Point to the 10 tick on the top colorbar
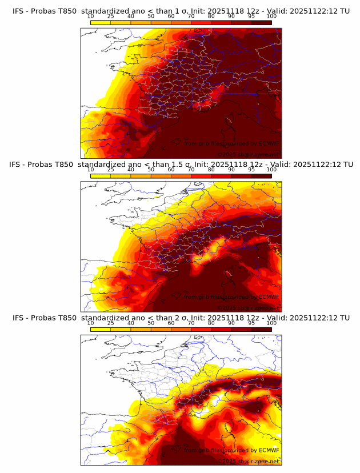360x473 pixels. point(91,17)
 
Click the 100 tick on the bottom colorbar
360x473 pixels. point(271,323)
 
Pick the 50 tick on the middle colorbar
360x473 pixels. point(151,170)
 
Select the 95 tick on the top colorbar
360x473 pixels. point(251,17)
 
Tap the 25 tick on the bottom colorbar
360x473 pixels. point(111,323)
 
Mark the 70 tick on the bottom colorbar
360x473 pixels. point(191,323)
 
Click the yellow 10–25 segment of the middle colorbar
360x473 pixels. point(101,176)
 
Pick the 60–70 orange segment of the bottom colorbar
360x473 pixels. point(181,330)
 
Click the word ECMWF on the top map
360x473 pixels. point(269,143)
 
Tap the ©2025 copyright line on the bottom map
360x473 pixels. point(248,461)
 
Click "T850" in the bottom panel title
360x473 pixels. point(67,318)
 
